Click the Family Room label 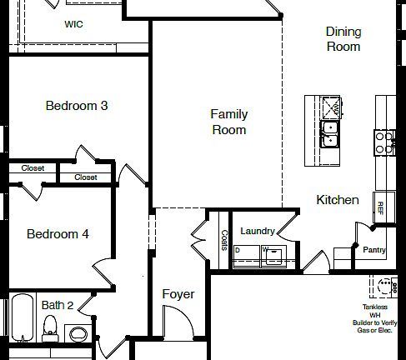click(x=228, y=122)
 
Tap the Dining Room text click(x=343, y=39)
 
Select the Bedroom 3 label click(x=77, y=106)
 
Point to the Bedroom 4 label click(x=58, y=234)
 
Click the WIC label click(x=73, y=24)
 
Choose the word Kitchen click(x=338, y=200)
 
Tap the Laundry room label click(x=258, y=231)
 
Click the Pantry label click(x=374, y=249)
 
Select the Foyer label click(x=178, y=294)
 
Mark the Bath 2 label click(x=58, y=305)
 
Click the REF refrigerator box click(x=381, y=207)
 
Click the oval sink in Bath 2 click(x=79, y=334)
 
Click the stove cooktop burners click(x=384, y=142)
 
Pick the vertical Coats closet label click(x=223, y=241)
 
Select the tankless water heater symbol click(x=384, y=285)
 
